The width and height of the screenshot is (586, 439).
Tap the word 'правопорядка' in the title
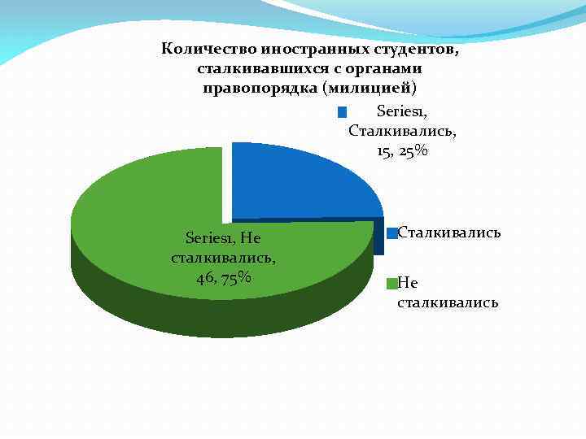tap(261, 88)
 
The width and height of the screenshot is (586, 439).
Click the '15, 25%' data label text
tap(402, 151)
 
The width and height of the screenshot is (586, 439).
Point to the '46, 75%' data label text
tap(223, 278)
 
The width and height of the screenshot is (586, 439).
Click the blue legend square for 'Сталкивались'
tap(392, 233)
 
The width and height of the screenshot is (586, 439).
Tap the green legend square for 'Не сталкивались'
tap(392, 283)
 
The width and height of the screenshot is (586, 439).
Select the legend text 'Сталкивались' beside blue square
tap(448, 233)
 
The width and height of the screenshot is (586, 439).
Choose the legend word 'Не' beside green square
tap(407, 283)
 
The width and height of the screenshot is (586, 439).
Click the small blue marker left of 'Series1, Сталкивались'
tap(342, 112)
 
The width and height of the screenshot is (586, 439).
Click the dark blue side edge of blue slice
tap(379, 236)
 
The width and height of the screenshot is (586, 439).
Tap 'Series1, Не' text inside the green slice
tap(223, 238)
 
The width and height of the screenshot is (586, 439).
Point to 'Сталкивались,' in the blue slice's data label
tap(402, 131)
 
